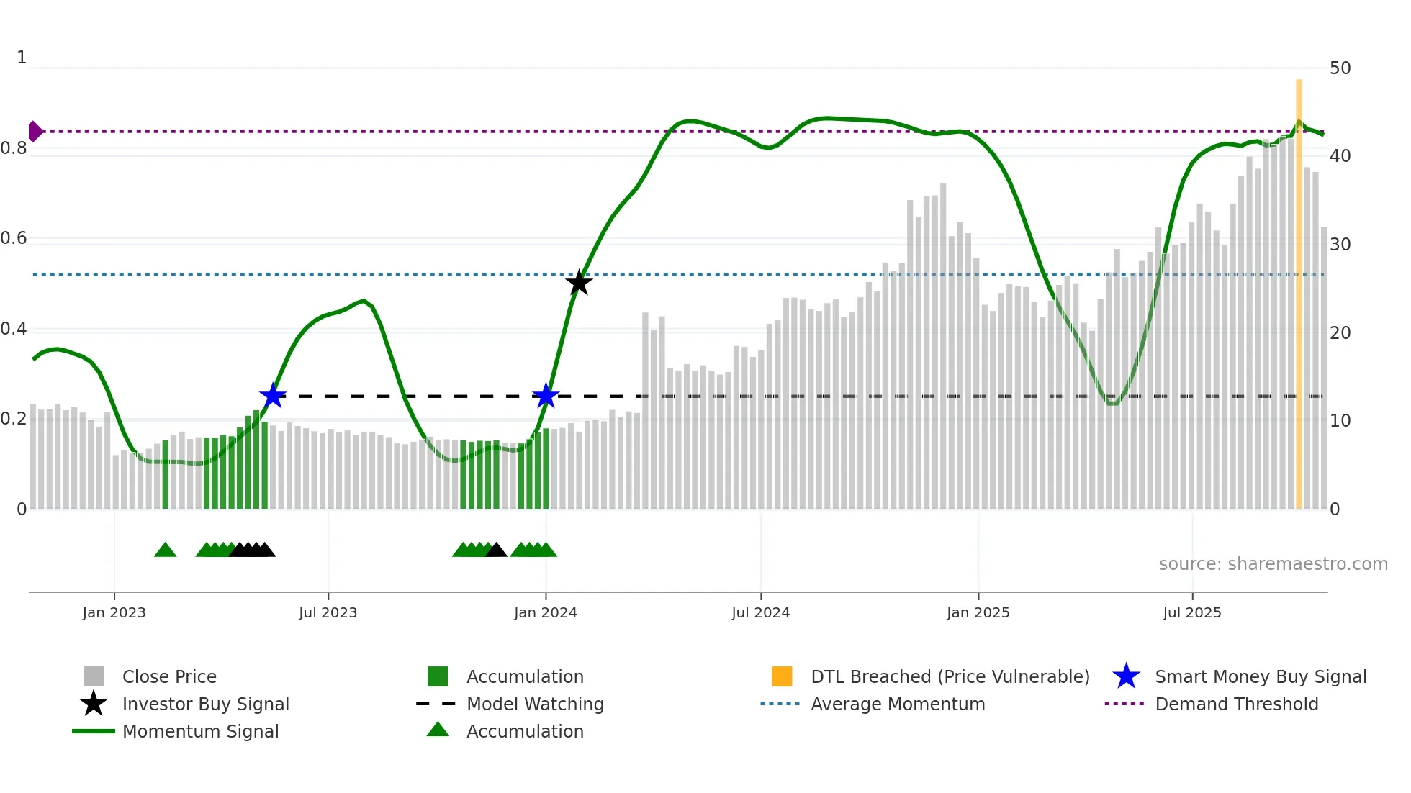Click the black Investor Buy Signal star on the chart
[x=579, y=283]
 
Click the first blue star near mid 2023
[x=273, y=396]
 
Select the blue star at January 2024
[x=546, y=396]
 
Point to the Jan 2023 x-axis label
[x=114, y=612]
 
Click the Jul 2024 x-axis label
[x=760, y=612]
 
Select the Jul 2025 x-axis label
[x=1192, y=612]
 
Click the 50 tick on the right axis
[x=1340, y=68]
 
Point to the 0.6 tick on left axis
[x=14, y=238]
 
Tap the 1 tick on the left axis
[x=22, y=58]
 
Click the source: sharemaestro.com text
[x=1273, y=564]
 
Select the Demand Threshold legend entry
[x=1236, y=704]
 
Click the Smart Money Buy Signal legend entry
[x=1260, y=676]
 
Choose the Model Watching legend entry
[x=534, y=704]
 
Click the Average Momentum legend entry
[x=897, y=704]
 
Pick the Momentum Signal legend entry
[x=200, y=731]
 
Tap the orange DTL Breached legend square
[x=782, y=676]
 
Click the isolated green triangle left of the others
[x=165, y=550]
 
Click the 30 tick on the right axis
[x=1340, y=245]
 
